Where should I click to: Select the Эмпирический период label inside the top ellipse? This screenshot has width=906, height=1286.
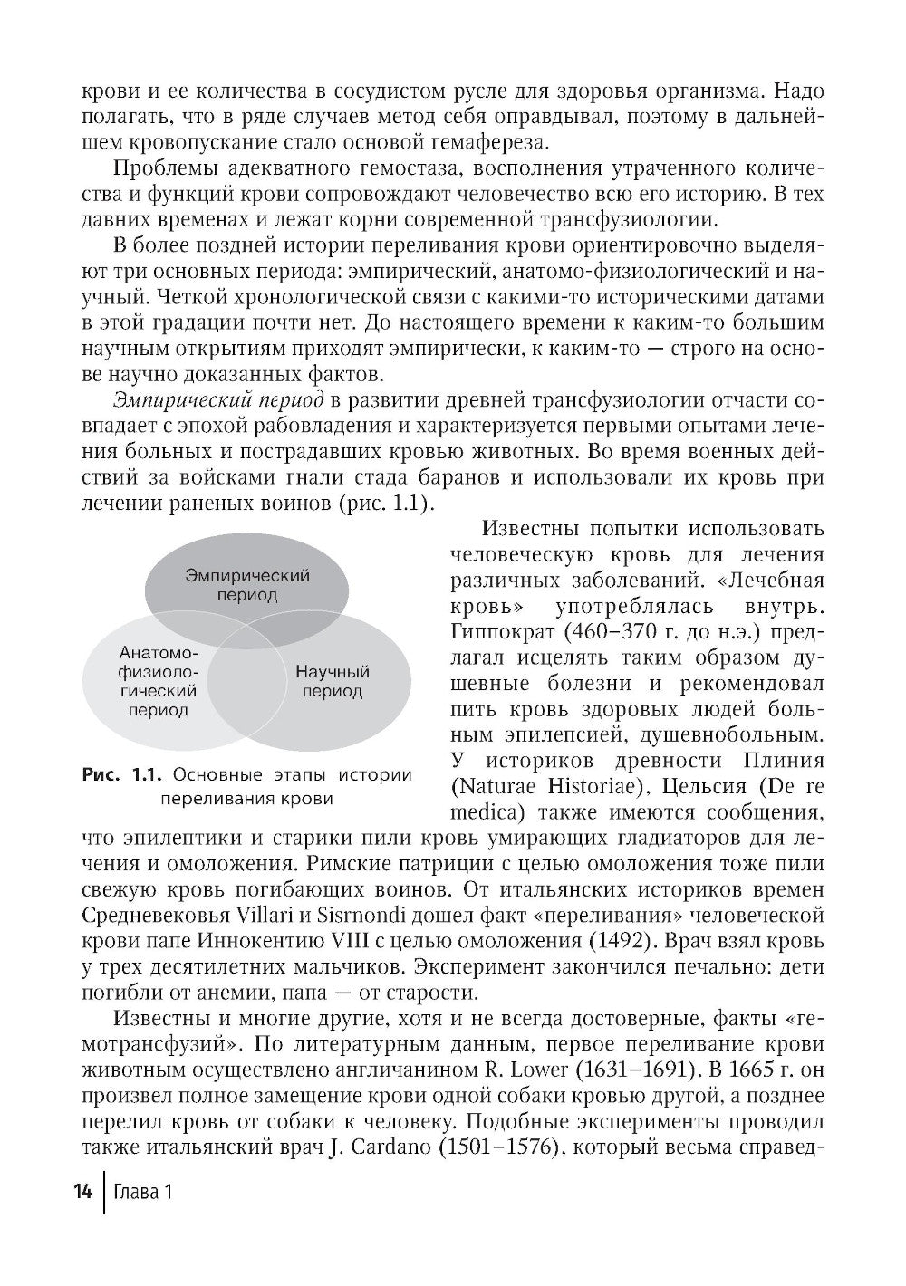(x=246, y=585)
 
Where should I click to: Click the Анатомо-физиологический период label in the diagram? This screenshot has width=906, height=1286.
(x=159, y=681)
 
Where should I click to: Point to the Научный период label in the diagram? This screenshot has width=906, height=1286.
(x=332, y=682)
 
